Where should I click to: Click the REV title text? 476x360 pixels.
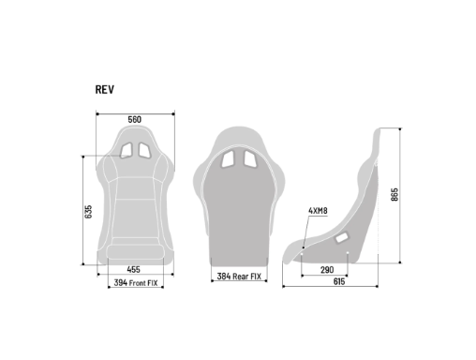click(105, 89)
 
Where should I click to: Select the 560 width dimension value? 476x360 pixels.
click(135, 119)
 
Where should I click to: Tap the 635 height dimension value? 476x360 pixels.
click(88, 212)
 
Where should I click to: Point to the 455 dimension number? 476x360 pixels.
click(133, 269)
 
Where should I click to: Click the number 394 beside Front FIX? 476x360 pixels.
click(121, 283)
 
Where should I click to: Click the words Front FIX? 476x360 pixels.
click(143, 283)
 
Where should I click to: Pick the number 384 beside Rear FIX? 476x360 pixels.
click(224, 277)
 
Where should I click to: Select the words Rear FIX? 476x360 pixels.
click(246, 277)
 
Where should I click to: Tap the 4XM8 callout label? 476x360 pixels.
click(318, 211)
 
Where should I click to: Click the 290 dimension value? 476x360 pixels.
click(327, 270)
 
